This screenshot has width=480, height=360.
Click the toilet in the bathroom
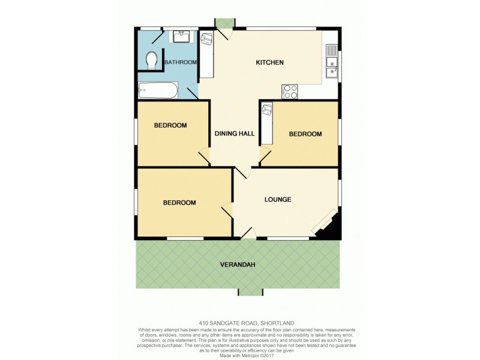click(152, 60)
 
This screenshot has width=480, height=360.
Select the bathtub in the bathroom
click(158, 91)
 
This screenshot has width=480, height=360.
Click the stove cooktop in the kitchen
click(290, 91)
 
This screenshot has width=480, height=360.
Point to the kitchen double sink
click(331, 61)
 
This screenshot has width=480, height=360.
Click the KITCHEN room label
click(269, 62)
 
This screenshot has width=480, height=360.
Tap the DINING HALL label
click(235, 133)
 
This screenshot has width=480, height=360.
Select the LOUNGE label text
click(278, 199)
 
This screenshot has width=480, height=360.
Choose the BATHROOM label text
click(181, 62)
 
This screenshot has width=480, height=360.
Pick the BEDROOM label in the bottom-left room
click(179, 203)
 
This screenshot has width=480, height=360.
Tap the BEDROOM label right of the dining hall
click(305, 134)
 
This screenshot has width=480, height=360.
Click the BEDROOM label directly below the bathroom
click(170, 125)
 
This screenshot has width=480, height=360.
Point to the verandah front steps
click(250, 292)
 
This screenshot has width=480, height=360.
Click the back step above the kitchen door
click(225, 23)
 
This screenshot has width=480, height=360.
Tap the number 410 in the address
click(204, 323)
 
